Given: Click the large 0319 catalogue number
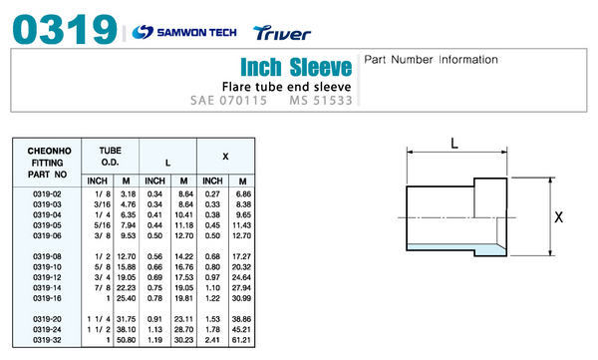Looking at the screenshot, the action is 65,29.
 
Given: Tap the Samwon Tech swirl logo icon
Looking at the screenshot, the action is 143,32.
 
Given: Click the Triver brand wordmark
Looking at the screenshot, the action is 282,33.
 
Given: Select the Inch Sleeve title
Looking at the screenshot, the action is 296,67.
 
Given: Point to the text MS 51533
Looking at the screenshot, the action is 321,101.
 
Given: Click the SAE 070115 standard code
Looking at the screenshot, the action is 229,101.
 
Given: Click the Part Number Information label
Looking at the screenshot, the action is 431,60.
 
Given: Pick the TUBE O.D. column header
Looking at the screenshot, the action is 111,157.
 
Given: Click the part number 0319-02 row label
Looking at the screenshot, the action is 47,193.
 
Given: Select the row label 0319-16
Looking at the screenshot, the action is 47,298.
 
